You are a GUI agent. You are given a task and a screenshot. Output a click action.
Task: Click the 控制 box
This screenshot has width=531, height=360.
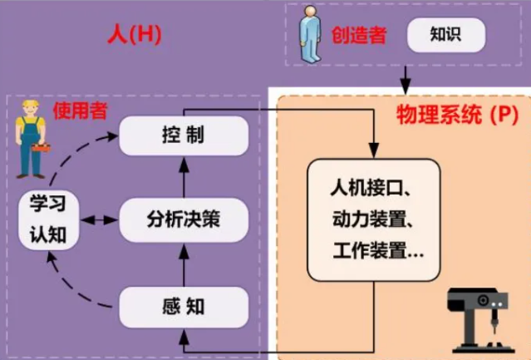click(x=184, y=136)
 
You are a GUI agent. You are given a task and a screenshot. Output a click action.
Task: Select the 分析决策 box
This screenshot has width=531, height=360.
click(x=184, y=220)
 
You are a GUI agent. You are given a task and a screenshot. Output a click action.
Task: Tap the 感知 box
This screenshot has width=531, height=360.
click(x=184, y=307)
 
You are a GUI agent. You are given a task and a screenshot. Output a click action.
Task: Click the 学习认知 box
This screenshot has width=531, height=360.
click(x=50, y=219)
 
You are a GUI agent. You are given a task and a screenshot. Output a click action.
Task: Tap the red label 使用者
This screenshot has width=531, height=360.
click(x=80, y=111)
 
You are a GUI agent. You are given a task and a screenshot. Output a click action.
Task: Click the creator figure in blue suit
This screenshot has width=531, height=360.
click(x=310, y=35)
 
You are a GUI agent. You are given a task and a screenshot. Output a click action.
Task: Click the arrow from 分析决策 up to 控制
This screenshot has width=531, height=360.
click(x=184, y=176)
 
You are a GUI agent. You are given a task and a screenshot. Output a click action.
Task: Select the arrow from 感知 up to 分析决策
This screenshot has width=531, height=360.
click(x=184, y=263)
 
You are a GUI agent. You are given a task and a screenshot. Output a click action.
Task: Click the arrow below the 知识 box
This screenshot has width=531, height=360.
click(x=405, y=79)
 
